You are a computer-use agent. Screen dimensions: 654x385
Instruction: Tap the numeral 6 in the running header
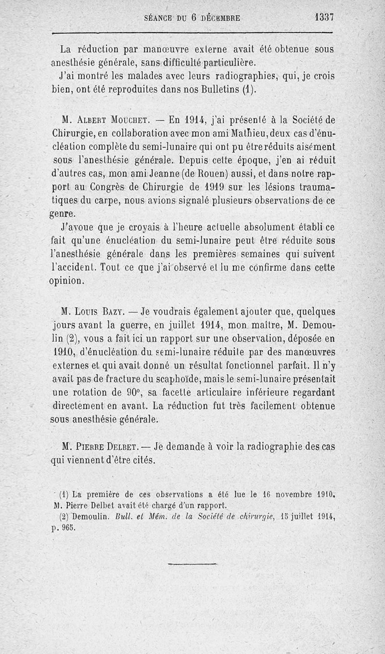[x=193, y=18]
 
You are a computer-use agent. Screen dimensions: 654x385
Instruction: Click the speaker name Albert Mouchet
[x=106, y=119]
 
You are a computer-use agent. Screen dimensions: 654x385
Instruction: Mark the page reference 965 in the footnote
[x=70, y=528]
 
